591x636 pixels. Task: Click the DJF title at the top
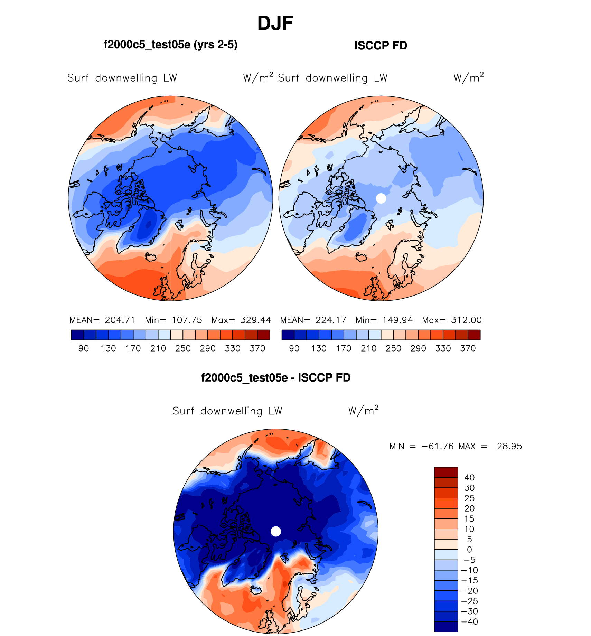[275, 24]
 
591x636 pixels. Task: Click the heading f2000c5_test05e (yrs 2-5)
[170, 45]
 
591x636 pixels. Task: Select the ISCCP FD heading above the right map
[381, 46]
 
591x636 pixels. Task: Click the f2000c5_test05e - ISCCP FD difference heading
[275, 377]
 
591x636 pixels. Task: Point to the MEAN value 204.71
[120, 320]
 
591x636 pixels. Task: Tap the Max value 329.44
[256, 320]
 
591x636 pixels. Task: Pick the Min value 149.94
[397, 320]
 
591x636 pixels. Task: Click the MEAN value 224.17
[331, 320]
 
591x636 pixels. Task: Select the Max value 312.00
[466, 320]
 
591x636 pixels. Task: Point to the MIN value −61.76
[437, 446]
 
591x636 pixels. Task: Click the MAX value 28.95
[509, 446]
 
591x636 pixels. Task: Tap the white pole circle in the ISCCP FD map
[381, 198]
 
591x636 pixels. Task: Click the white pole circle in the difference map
[275, 531]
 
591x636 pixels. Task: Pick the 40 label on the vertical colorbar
[469, 477]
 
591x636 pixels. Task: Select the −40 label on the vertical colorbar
[469, 621]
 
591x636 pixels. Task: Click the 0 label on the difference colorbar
[469, 550]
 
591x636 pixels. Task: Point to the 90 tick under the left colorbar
[84, 348]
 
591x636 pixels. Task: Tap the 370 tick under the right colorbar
[468, 348]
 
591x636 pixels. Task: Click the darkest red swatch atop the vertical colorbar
[446, 472]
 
